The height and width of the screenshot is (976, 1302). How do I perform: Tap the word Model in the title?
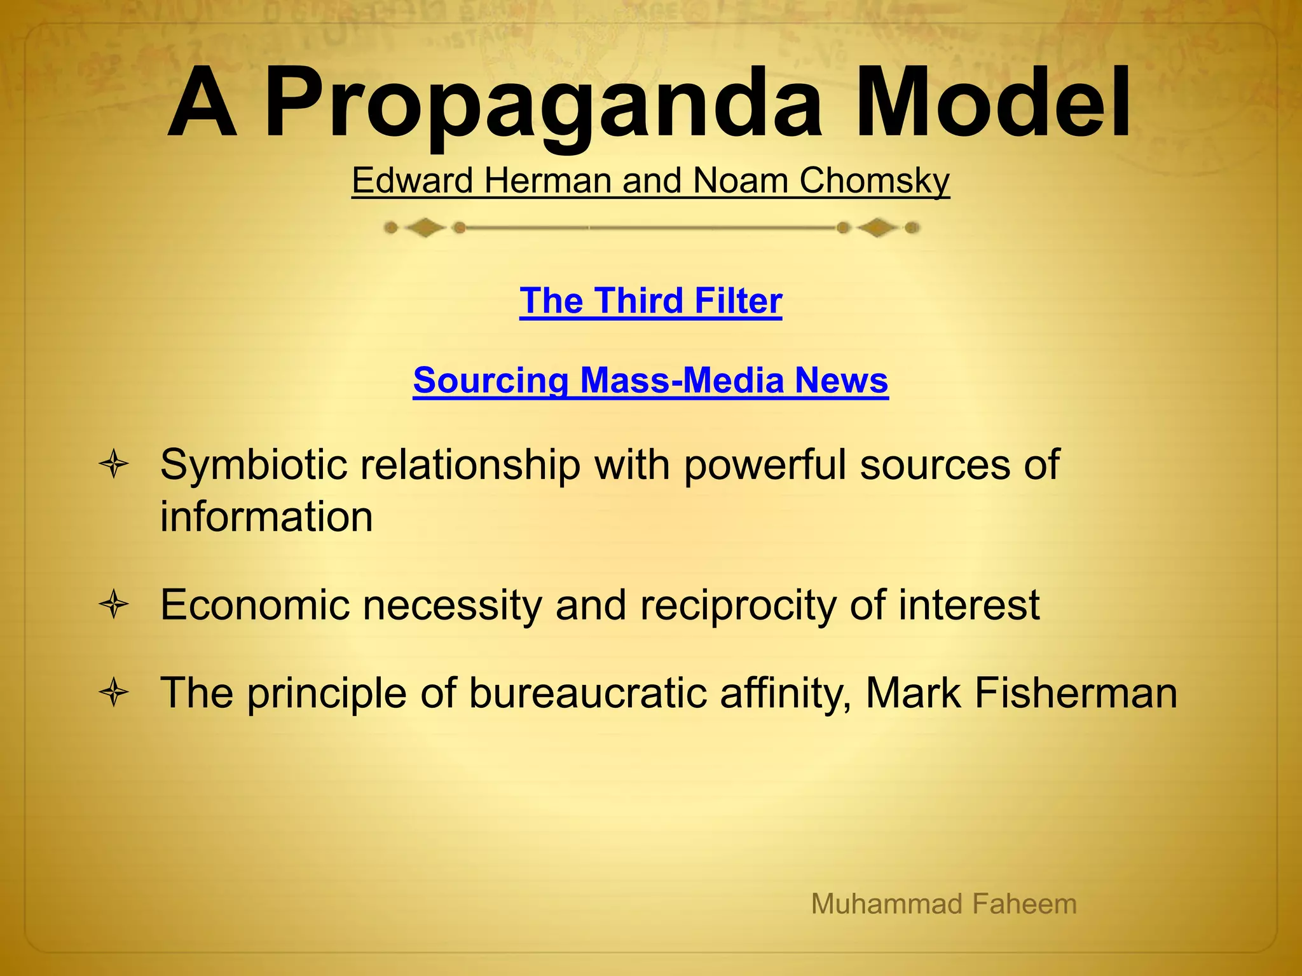tap(992, 105)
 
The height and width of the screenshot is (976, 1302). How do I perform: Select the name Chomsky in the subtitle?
tap(874, 180)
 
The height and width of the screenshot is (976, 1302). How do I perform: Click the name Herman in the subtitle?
tap(547, 180)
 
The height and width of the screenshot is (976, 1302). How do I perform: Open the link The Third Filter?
tap(650, 301)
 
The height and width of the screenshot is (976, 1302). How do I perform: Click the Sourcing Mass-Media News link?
tap(650, 380)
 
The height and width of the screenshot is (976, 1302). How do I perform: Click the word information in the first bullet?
tap(266, 516)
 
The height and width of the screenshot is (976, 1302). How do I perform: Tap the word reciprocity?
tap(738, 605)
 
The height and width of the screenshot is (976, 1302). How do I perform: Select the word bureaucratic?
tap(587, 693)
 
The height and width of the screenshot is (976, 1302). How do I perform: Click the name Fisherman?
tap(1076, 693)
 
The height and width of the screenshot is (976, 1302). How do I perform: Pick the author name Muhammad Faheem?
tap(943, 904)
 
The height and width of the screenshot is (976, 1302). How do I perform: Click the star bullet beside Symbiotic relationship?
tap(114, 464)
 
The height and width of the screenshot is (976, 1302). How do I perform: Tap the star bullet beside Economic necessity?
tap(114, 604)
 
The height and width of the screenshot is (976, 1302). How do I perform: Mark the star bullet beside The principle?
tap(114, 692)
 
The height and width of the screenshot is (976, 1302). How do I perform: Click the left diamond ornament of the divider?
tap(425, 227)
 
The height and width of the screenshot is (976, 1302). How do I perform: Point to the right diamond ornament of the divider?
tap(877, 227)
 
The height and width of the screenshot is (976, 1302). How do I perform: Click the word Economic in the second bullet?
tap(255, 604)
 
